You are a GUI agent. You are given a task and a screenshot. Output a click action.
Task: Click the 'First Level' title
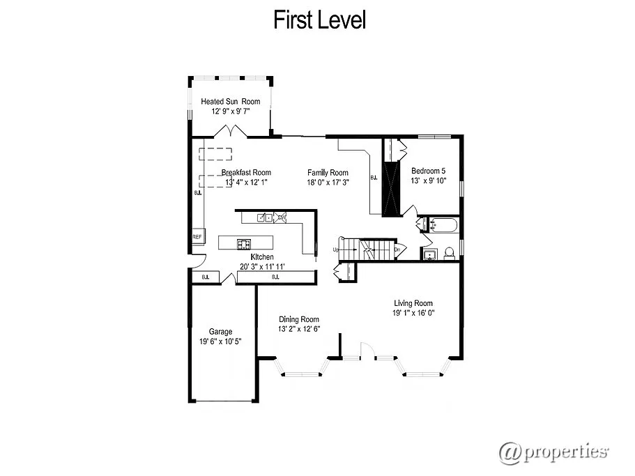[x=319, y=20]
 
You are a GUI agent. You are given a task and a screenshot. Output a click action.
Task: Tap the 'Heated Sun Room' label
[x=230, y=102]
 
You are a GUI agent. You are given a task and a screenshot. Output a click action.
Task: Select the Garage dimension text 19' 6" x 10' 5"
[x=221, y=341]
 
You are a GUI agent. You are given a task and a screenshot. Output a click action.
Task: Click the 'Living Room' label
[x=413, y=303]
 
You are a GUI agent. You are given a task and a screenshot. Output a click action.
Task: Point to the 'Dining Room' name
[x=299, y=319]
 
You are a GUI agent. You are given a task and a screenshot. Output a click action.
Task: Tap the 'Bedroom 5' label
[x=428, y=171]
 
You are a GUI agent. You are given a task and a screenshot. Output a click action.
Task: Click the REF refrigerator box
[x=197, y=237]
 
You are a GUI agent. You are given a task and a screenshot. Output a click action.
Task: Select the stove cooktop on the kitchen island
[x=244, y=243]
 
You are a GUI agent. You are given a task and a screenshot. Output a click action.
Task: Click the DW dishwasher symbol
[x=282, y=217]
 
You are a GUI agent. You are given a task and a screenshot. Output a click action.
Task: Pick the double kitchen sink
[x=264, y=217]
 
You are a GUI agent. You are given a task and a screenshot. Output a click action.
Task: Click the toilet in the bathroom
[x=450, y=252]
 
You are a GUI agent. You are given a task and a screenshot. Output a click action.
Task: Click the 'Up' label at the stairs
[x=335, y=249]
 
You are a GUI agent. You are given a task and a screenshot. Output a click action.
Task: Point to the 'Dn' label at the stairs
[x=397, y=249]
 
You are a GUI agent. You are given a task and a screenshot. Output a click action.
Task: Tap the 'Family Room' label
[x=328, y=173]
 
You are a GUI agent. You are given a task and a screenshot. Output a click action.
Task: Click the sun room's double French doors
[x=230, y=132]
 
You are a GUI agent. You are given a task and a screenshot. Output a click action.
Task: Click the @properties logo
[x=553, y=452]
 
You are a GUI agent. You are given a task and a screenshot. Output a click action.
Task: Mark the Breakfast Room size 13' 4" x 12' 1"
[x=246, y=182]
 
